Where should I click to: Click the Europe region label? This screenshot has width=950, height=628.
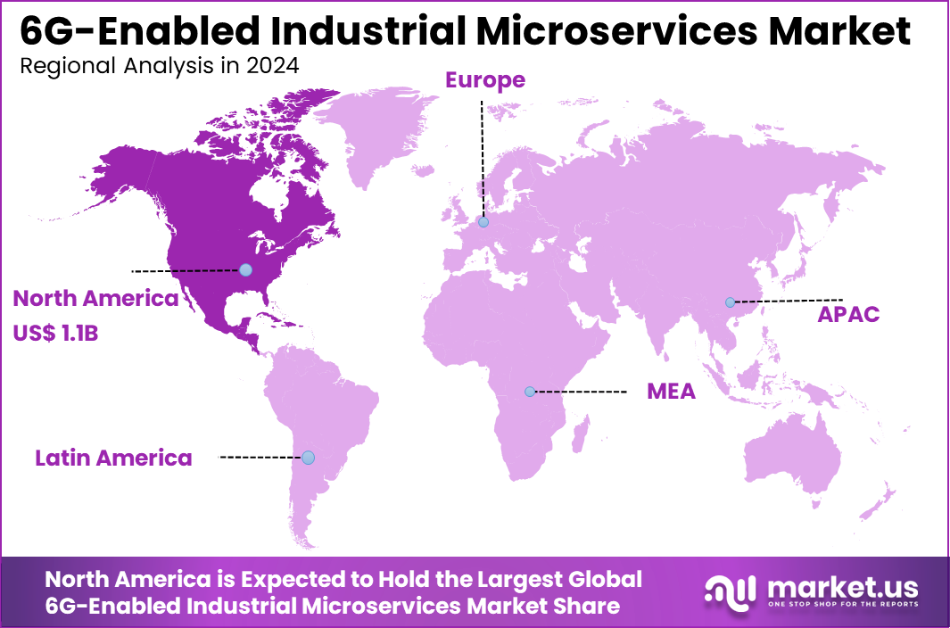[x=485, y=80]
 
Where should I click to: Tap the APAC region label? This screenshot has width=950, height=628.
[x=848, y=314]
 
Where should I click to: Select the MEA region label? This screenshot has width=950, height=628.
[x=671, y=392]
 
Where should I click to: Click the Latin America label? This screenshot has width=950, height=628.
[x=113, y=459]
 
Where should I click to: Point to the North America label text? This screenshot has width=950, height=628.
[x=96, y=299]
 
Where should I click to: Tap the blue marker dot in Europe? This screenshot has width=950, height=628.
[x=483, y=222]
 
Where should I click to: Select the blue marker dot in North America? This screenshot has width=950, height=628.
[x=245, y=269]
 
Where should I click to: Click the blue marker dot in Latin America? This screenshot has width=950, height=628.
[x=308, y=458]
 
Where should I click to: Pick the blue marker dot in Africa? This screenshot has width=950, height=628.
[x=530, y=392]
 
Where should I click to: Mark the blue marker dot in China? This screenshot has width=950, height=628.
[x=730, y=302]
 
